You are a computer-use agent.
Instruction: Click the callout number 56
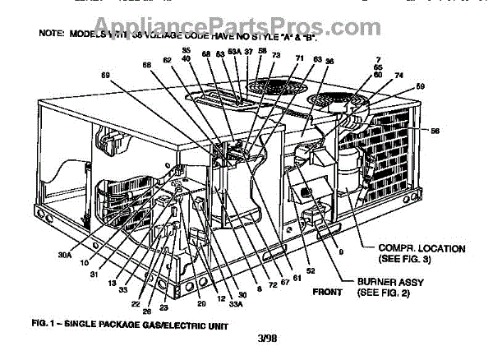[x=435, y=131]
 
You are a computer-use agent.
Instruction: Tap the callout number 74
[x=399, y=74]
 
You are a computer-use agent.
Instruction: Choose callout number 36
[x=329, y=61]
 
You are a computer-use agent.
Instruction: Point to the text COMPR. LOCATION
[x=422, y=247]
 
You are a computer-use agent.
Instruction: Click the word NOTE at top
[x=52, y=35]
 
